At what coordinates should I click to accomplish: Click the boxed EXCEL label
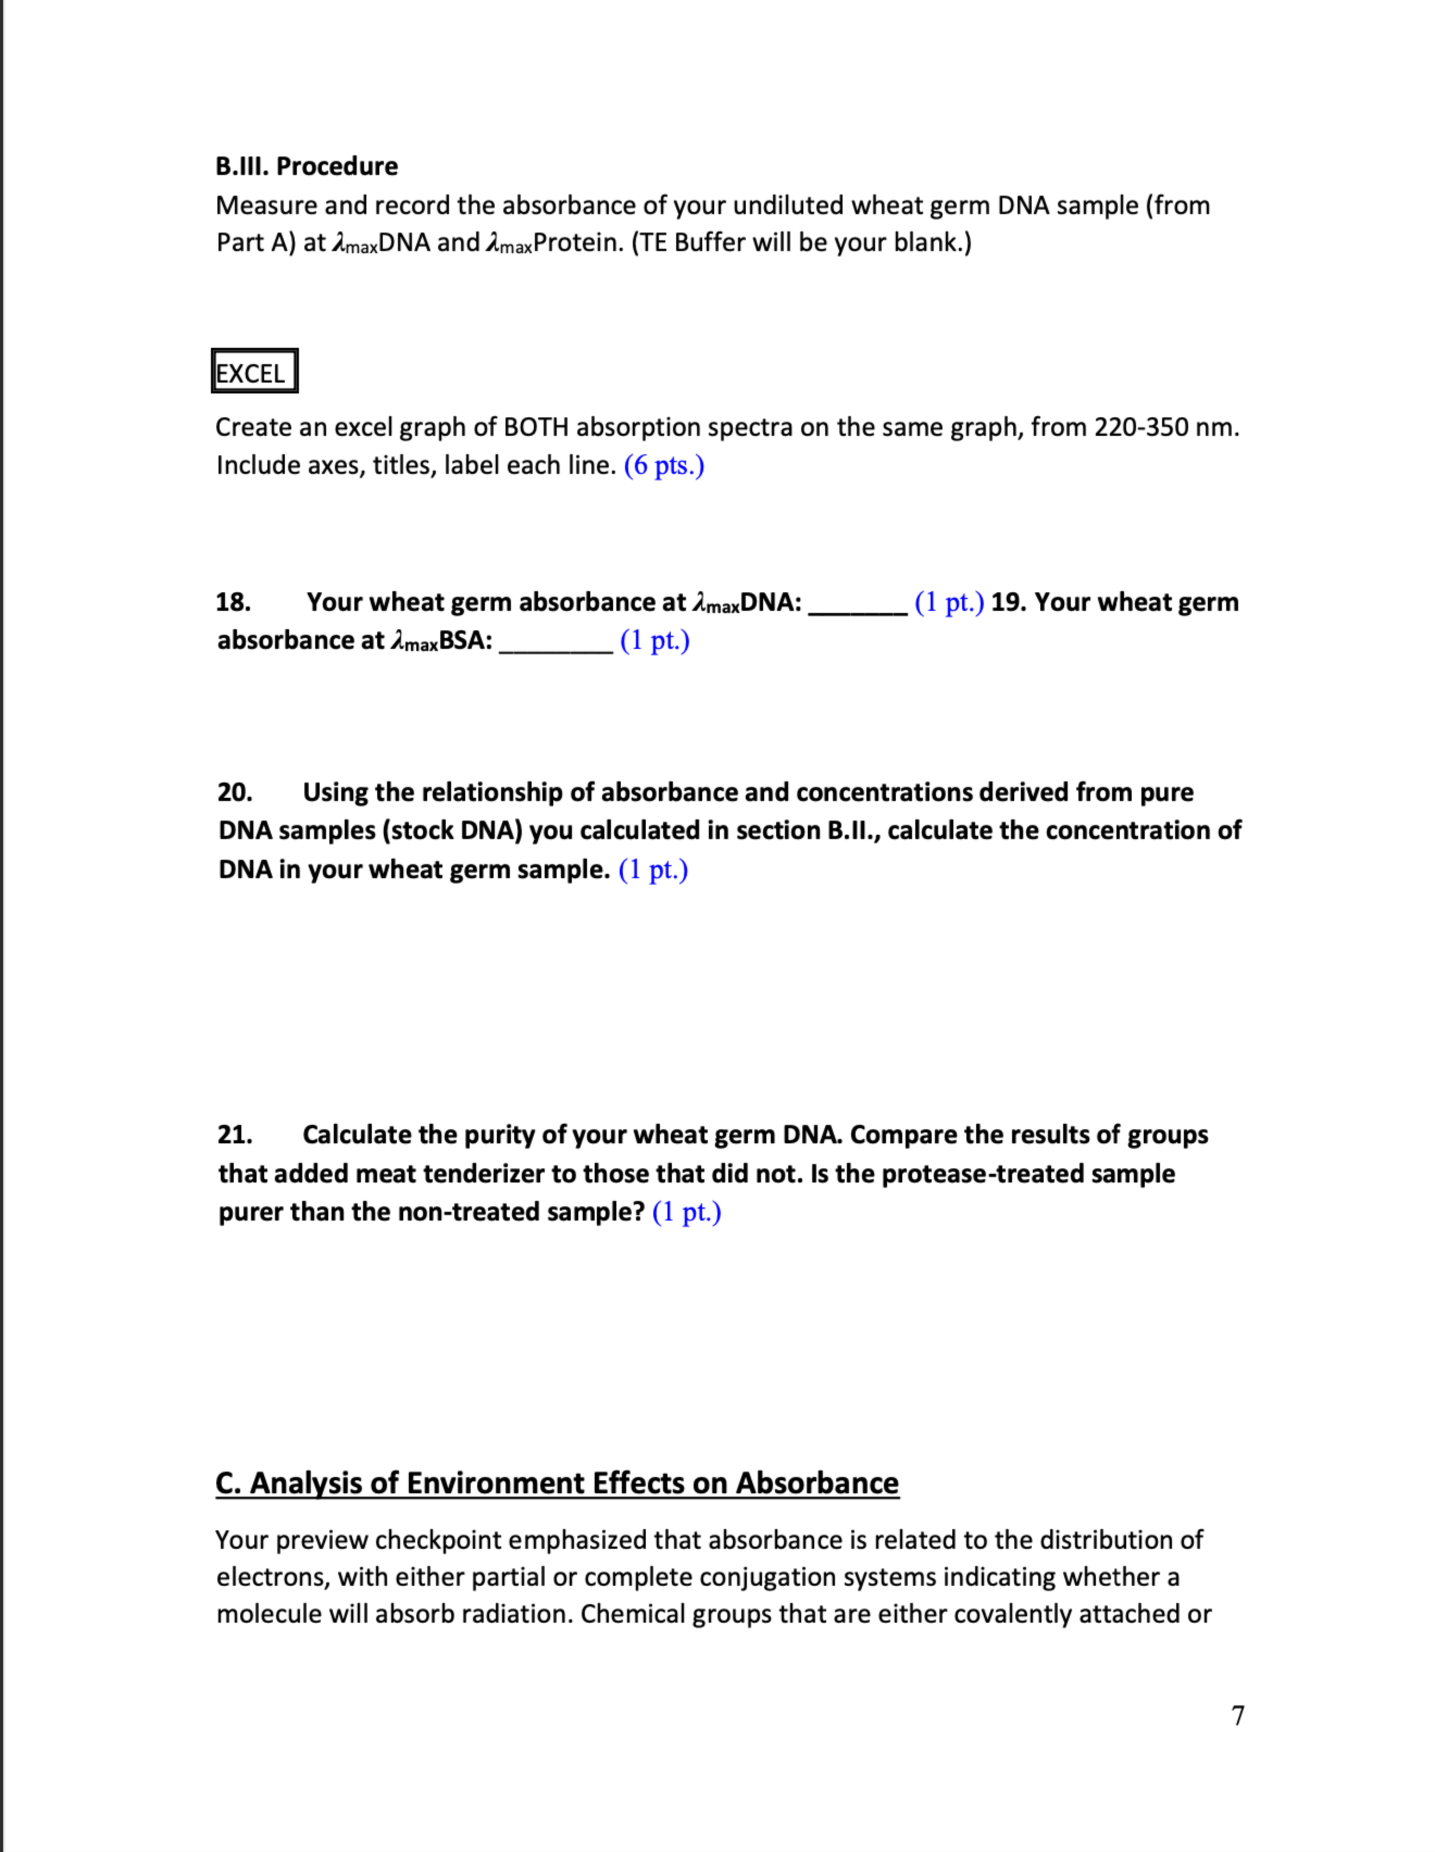coord(254,372)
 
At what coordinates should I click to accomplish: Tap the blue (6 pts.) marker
coord(664,466)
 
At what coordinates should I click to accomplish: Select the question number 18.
coord(233,602)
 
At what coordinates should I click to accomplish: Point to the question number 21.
coord(235,1135)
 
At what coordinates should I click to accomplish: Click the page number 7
coord(1237,1716)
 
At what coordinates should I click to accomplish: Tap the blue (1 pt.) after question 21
coord(687,1212)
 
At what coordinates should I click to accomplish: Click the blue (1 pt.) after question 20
coord(653,870)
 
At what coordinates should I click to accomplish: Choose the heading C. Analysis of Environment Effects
coord(557,1483)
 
